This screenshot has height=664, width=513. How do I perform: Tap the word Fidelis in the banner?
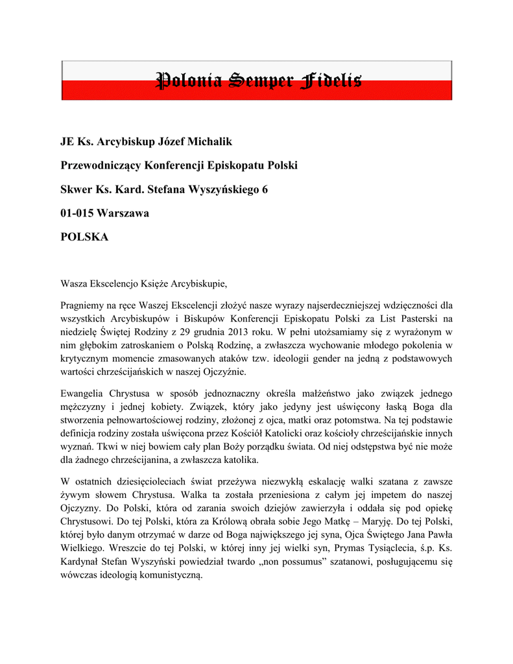point(331,81)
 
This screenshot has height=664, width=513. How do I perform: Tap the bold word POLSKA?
point(84,237)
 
